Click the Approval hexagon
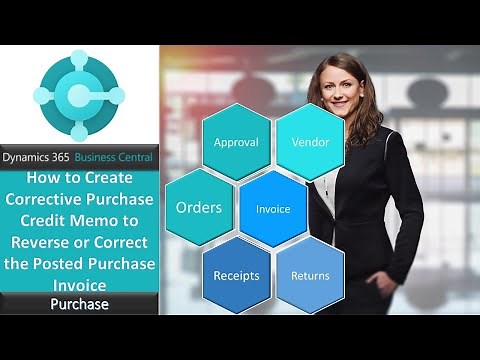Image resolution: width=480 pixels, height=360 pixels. [236, 142]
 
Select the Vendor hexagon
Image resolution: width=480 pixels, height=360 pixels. [311, 142]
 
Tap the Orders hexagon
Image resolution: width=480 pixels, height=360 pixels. [199, 208]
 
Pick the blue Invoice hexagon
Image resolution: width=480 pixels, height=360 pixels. [273, 210]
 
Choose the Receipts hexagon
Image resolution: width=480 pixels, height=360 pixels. [236, 275]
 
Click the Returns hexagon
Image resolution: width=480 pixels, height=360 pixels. [310, 275]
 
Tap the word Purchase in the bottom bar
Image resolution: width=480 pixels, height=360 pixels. [79, 304]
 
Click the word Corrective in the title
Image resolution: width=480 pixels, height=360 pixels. [53, 197]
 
